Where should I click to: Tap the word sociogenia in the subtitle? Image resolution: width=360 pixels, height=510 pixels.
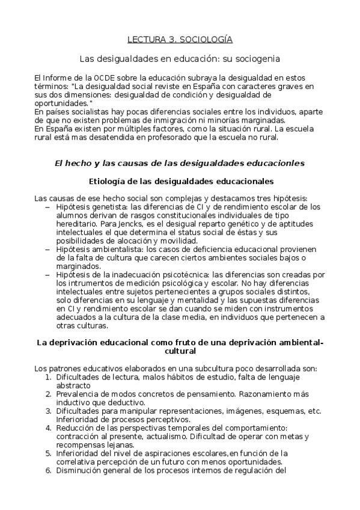(259, 59)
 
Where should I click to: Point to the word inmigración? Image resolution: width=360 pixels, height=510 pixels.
(171, 120)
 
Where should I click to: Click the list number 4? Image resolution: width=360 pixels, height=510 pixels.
(48, 428)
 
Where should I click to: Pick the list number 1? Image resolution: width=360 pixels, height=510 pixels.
(48, 377)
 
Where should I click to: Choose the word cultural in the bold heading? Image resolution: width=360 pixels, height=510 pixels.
(180, 351)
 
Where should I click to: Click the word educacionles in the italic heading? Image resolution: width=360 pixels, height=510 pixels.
(272, 163)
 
